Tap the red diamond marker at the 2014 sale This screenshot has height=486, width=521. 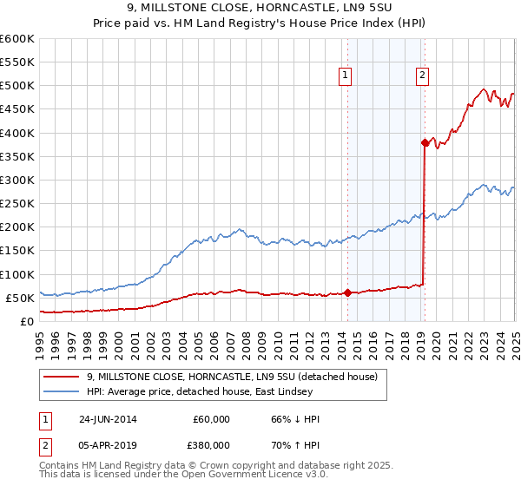pyautogui.click(x=347, y=292)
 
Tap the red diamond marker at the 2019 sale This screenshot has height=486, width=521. pyautogui.click(x=425, y=142)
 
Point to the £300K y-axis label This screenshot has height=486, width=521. pyautogui.click(x=17, y=180)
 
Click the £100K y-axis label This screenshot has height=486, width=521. pyautogui.click(x=17, y=274)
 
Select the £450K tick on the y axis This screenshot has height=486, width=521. pyautogui.click(x=17, y=109)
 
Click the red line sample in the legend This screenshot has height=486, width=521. pyautogui.click(x=62, y=377)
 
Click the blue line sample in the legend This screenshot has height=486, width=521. pyautogui.click(x=62, y=392)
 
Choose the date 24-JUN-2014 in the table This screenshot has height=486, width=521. pyautogui.click(x=114, y=419)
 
